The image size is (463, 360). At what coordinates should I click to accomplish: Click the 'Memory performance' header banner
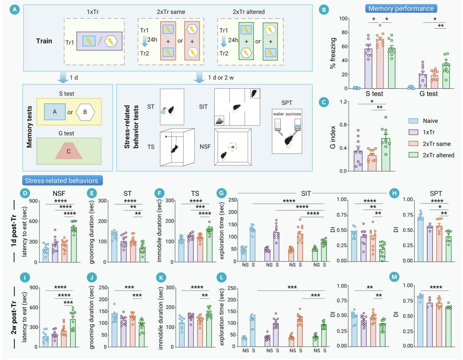[401, 8]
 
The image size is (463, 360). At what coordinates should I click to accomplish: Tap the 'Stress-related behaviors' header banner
[61, 181]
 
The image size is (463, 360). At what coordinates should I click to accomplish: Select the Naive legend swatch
[413, 121]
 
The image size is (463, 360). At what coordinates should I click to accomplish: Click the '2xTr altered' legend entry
[438, 155]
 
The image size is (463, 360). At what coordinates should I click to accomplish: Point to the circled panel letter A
[15, 10]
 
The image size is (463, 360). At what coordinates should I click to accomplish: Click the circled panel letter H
[394, 193]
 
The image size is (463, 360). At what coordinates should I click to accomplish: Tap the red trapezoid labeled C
[69, 151]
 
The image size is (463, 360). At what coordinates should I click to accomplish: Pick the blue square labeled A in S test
[55, 112]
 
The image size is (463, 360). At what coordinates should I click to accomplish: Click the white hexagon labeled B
[85, 112]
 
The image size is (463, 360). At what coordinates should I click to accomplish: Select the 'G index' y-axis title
[333, 137]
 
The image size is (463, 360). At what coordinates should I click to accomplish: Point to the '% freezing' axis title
[333, 53]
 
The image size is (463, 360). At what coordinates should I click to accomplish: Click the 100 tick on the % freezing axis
[343, 19]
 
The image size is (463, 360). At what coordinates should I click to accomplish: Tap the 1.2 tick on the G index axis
[344, 102]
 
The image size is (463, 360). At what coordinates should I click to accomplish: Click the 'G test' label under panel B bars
[428, 94]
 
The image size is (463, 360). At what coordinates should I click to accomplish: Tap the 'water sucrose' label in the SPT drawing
[287, 114]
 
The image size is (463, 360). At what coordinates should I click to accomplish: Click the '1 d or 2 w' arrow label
[221, 77]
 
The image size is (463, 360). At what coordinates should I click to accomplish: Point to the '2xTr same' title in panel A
[171, 12]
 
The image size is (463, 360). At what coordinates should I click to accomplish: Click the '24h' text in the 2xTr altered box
[233, 40]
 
